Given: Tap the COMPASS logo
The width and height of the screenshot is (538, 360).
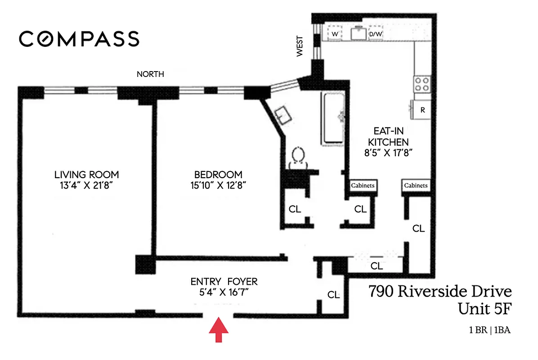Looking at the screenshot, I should pos(79,39).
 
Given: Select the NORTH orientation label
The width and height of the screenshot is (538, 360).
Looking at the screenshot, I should pos(150,74).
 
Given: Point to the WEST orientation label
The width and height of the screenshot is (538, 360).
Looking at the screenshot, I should pos(300,46).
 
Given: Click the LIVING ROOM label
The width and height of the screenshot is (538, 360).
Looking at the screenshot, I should pos(86,175).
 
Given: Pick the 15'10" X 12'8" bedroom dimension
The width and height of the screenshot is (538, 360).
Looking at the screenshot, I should pos(218,185).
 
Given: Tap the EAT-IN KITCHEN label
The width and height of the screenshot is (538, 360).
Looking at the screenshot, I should pos(388,136).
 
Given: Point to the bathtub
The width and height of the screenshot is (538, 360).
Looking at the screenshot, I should pos(333,119).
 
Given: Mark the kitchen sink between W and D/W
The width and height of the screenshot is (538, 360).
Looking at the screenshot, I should pos(358,33).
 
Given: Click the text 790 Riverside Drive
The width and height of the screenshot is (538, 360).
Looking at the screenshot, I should pos(440,292).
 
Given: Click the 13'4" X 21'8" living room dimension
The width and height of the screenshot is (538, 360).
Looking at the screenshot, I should pos(86,185).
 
